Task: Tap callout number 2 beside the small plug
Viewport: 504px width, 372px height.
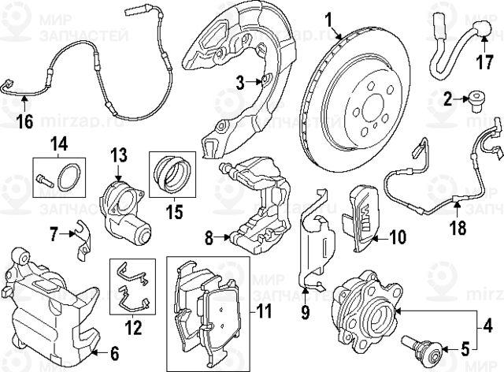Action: click(x=448, y=99)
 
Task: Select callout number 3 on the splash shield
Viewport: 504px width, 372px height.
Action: click(x=241, y=80)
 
